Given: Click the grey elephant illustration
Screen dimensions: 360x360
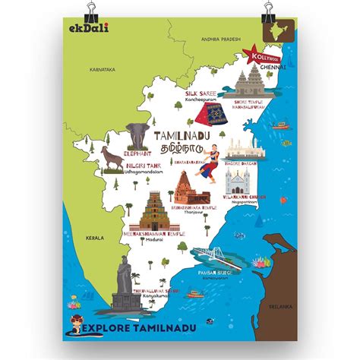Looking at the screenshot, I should pyautogui.click(x=137, y=135).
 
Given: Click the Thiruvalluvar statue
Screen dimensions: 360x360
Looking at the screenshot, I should pyautogui.click(x=124, y=281).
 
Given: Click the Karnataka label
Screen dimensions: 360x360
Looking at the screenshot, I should pyautogui.click(x=102, y=69).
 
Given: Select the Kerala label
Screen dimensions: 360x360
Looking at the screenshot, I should pyautogui.click(x=95, y=236).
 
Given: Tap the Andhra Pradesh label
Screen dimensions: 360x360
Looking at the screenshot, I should pyautogui.click(x=220, y=38).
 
